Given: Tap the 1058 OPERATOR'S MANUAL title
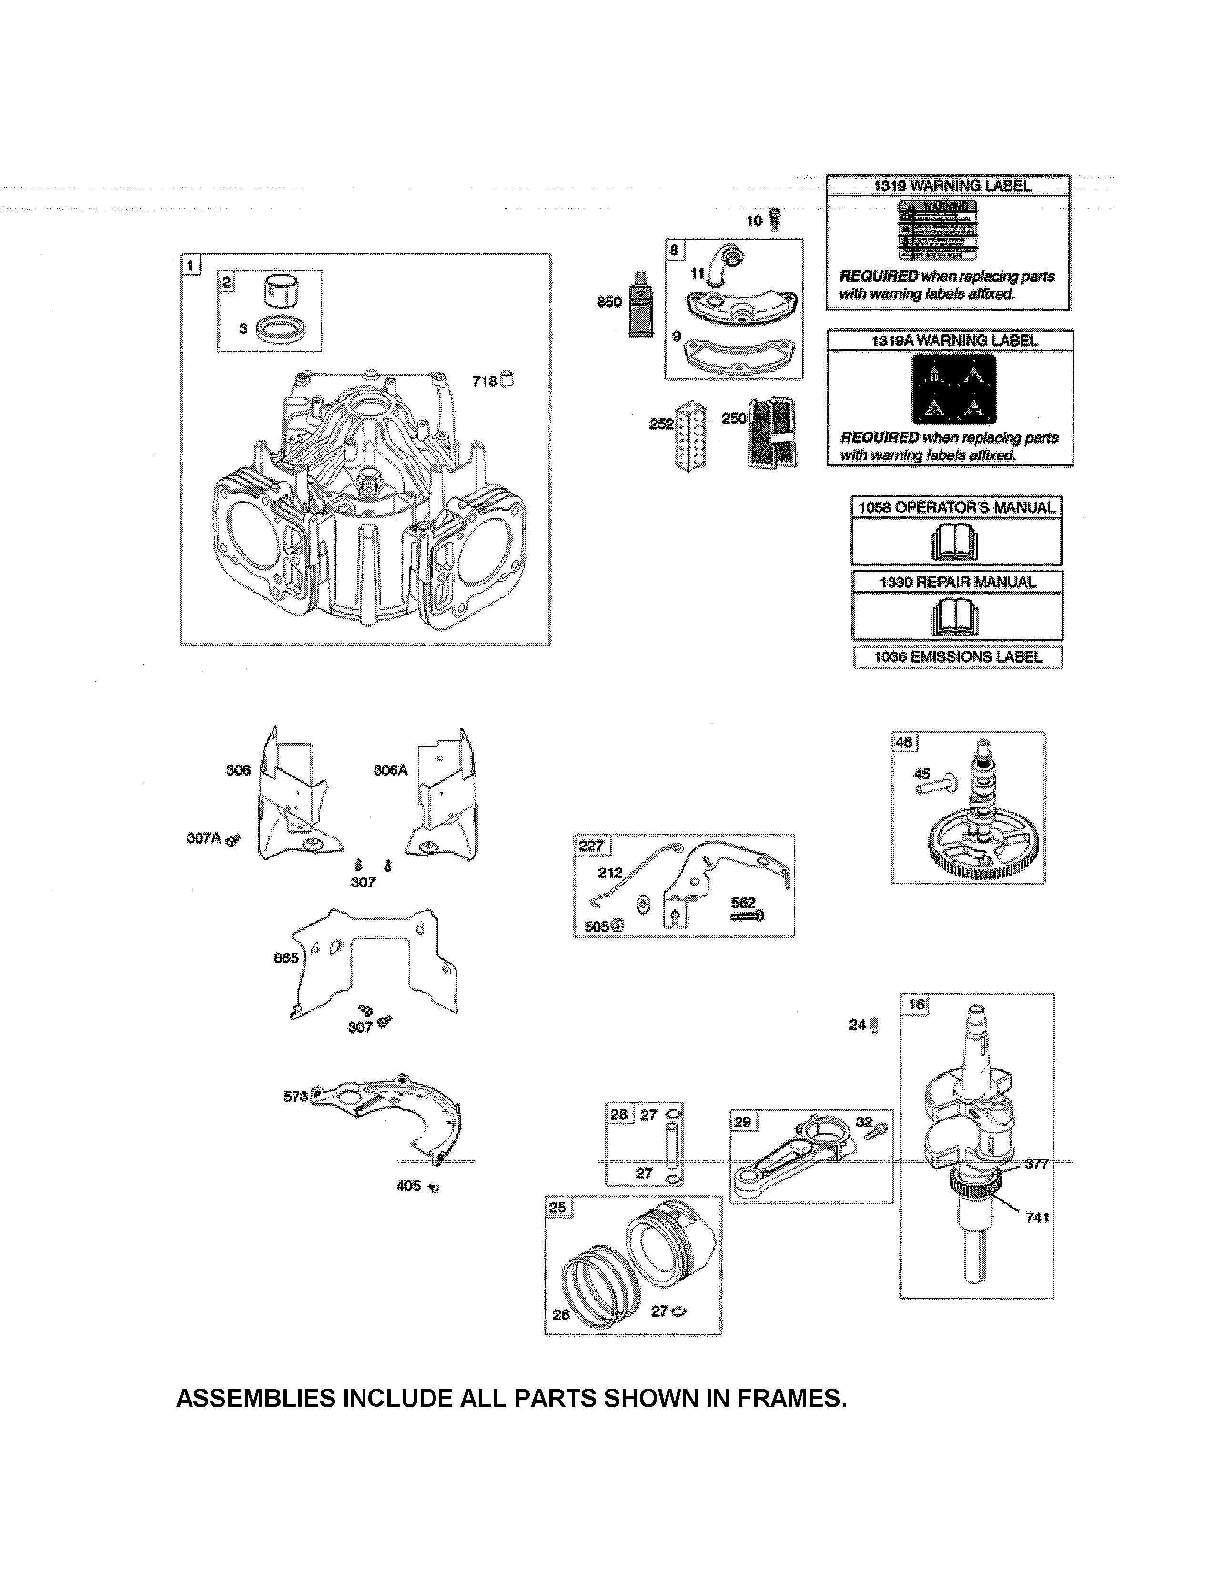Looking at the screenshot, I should [x=957, y=507].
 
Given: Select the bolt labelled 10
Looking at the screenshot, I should [x=774, y=219].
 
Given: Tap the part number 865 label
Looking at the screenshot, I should [x=286, y=958].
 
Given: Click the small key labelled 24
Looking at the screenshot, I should [x=874, y=1025].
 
